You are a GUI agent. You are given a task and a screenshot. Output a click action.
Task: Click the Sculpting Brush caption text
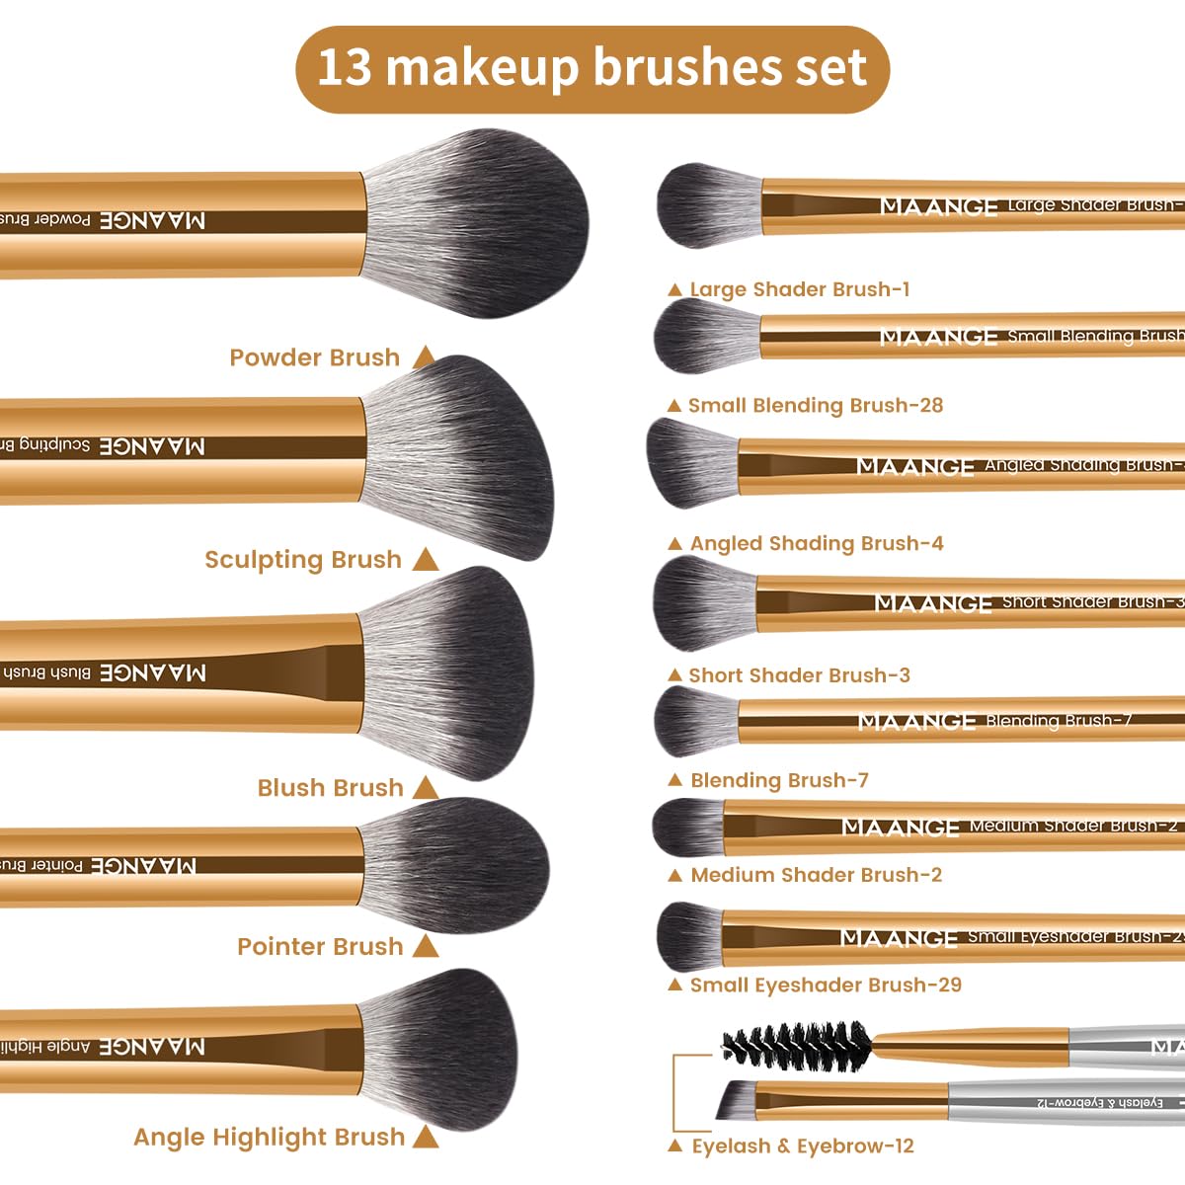click(x=302, y=560)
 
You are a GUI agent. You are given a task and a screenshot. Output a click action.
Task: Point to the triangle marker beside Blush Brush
click(x=426, y=787)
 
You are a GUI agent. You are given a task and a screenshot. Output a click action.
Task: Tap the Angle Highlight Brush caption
click(x=269, y=1138)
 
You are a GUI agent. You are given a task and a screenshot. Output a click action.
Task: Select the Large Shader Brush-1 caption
click(x=799, y=289)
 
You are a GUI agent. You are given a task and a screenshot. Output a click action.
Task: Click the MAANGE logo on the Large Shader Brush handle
click(x=938, y=206)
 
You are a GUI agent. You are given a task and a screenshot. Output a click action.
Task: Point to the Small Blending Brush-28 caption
click(x=815, y=405)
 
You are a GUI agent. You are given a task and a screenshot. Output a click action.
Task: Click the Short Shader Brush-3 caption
click(x=799, y=675)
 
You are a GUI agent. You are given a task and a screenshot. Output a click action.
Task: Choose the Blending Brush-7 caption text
click(x=779, y=780)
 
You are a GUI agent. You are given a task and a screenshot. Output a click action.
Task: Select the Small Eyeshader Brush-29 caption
click(x=825, y=985)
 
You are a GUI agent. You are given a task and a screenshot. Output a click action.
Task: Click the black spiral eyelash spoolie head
click(x=796, y=1043)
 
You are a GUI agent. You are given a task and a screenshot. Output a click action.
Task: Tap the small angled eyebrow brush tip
click(x=737, y=1099)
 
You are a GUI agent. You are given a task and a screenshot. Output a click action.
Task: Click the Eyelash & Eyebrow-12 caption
click(x=802, y=1146)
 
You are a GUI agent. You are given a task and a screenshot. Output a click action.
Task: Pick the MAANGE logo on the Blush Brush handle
click(x=153, y=672)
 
